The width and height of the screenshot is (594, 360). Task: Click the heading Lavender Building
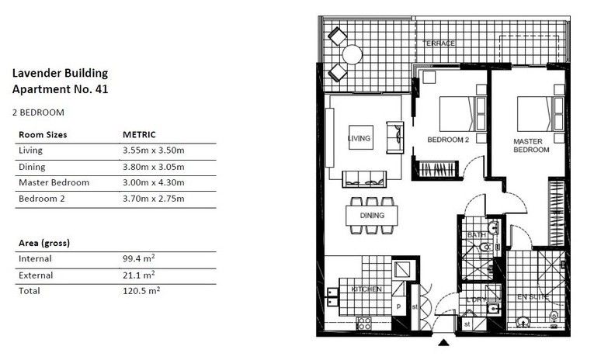60,74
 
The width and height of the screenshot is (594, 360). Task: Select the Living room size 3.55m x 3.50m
158,150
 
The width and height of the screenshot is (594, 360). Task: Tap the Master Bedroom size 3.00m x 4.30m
158,182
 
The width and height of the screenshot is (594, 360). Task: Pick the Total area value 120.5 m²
141,290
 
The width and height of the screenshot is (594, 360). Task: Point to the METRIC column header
139,134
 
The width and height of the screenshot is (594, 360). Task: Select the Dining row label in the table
32,166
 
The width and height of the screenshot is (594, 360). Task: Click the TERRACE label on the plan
439,43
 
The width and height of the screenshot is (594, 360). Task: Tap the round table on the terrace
352,54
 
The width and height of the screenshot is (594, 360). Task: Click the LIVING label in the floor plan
360,139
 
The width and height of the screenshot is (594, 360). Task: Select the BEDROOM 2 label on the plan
449,140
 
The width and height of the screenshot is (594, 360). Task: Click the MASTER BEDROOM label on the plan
531,145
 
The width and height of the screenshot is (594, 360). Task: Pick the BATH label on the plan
476,234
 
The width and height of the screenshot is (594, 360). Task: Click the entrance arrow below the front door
443,342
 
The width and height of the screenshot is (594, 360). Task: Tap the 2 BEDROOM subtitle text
38,112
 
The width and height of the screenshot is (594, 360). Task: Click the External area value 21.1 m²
138,275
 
